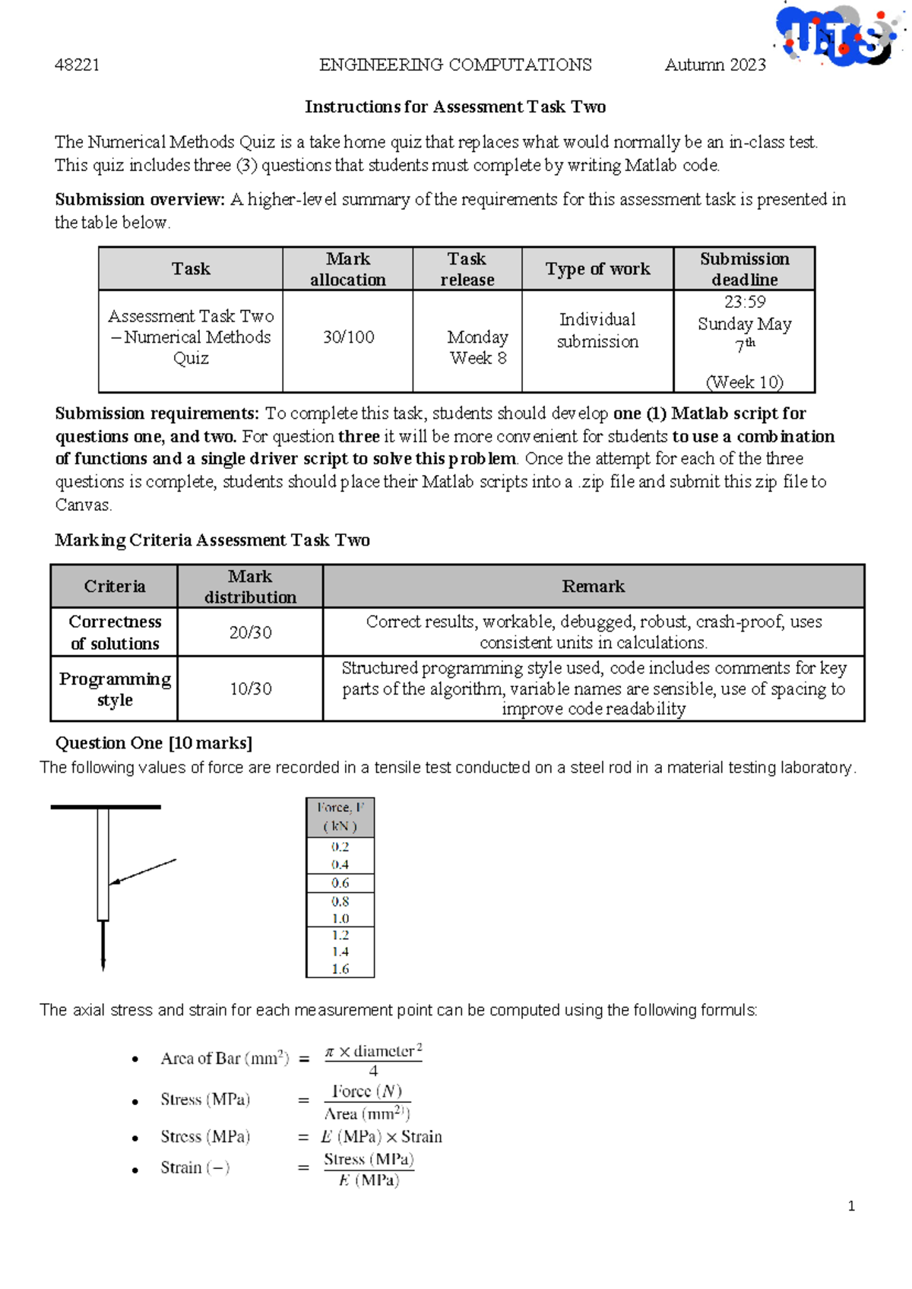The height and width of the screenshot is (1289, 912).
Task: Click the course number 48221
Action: coord(77,65)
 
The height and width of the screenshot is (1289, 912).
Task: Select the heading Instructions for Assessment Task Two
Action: coord(455,106)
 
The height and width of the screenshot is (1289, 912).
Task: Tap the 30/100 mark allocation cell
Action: coord(348,337)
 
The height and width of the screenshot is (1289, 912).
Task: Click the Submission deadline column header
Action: coord(744,269)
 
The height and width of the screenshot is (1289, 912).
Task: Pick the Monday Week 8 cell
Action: coord(477,347)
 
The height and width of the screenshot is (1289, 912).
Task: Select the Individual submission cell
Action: coord(597,331)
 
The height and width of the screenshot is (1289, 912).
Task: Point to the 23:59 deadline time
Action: coord(745,302)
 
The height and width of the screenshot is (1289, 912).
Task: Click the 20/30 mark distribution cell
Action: coord(250,632)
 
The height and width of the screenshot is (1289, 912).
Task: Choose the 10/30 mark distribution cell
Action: coord(250,689)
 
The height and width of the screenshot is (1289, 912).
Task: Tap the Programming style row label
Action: coord(115,689)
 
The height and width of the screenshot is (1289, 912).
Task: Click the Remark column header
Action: coord(593,586)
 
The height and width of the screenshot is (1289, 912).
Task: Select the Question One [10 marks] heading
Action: coord(154,743)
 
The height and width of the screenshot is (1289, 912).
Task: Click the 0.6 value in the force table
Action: coord(340,883)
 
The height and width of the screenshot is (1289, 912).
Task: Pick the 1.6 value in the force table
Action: coord(340,969)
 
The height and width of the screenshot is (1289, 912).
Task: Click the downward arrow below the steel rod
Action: coord(103,946)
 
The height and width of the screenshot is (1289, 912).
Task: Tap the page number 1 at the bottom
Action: coord(851,1206)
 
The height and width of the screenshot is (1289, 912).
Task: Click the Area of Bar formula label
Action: coord(224,1059)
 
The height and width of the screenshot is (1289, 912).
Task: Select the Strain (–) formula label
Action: coord(195,1167)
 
